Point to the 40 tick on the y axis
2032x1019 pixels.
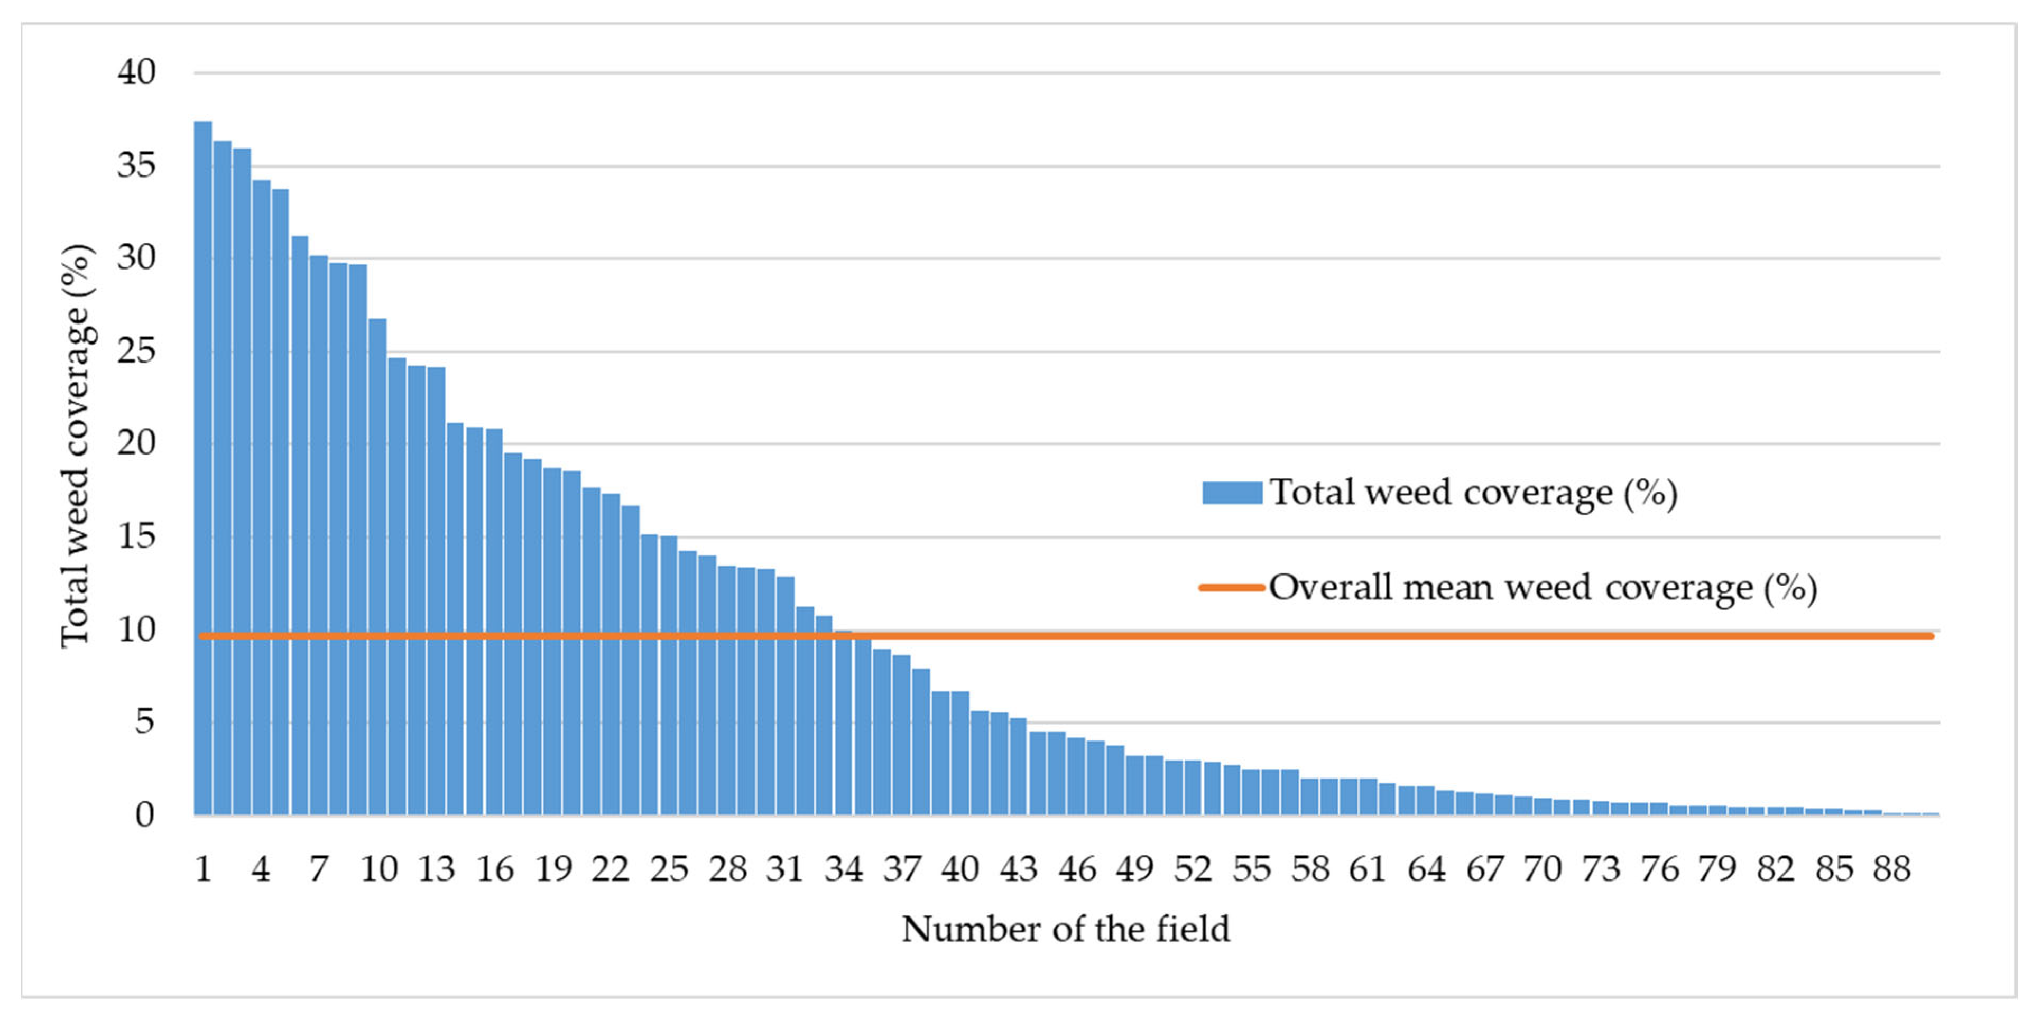tap(136, 72)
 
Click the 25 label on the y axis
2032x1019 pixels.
tap(136, 351)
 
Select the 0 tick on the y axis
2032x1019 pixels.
tap(144, 815)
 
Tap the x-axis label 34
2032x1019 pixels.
tap(843, 869)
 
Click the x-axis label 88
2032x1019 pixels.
tap(1891, 869)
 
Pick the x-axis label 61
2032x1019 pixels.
tap(1367, 869)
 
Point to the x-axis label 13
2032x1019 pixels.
tap(436, 869)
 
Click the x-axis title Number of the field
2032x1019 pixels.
tap(1066, 929)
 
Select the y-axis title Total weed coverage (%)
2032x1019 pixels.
tap(77, 446)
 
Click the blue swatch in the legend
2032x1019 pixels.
tap(1231, 493)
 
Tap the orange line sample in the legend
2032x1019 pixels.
tap(1231, 588)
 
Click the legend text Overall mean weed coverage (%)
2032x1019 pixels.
tap(1542, 588)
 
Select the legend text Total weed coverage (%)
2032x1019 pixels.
tap(1473, 494)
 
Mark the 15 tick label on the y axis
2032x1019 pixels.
tap(136, 537)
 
